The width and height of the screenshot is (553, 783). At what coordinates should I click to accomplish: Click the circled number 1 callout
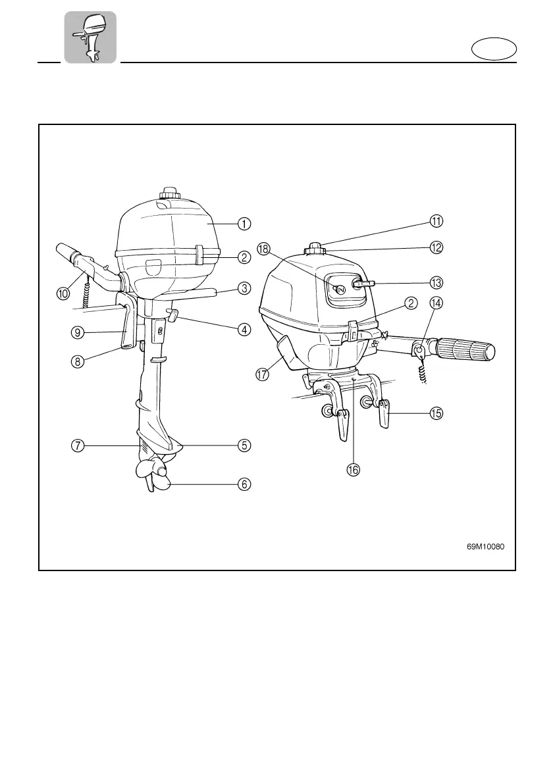[x=244, y=224]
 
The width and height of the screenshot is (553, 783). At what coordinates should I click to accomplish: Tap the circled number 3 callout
[x=244, y=288]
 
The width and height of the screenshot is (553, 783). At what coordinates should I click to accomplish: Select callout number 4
[x=244, y=329]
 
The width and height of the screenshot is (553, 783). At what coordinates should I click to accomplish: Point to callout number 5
[x=244, y=445]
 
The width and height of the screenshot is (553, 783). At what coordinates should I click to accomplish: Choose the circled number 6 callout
[x=244, y=484]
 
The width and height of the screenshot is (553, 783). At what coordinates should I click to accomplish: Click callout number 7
[x=78, y=445]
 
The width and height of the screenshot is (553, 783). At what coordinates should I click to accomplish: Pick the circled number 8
[x=78, y=361]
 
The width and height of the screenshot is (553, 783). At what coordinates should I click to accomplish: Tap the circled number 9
[x=78, y=332]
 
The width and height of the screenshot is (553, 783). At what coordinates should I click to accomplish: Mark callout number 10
[x=63, y=294]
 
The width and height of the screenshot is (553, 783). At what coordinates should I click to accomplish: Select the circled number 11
[x=436, y=220]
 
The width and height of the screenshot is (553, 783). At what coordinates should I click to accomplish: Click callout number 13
[x=436, y=282]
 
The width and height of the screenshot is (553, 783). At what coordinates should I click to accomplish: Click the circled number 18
[x=264, y=249]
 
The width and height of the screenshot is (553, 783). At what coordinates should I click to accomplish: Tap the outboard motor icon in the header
[x=90, y=37]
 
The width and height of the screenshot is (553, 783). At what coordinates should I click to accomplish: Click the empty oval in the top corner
[x=494, y=49]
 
